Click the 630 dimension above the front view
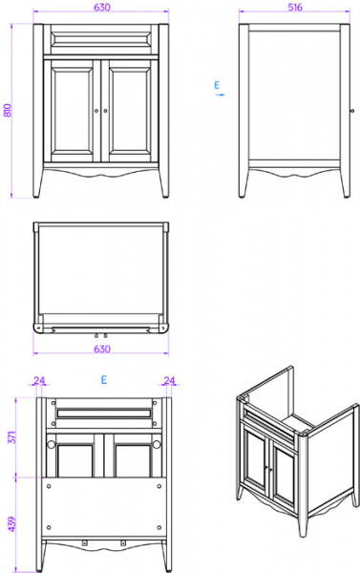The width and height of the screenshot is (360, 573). pos(102,7)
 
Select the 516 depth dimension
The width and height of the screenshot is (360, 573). pos(295,7)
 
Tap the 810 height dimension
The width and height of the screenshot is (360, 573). pos(8,111)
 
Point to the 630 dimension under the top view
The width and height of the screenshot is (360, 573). pos(102,349)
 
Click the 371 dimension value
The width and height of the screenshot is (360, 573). pos(12,437)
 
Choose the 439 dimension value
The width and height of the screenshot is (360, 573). pos(12,524)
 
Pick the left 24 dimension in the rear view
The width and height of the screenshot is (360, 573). pos(39,380)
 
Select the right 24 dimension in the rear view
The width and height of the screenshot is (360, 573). pos(169,380)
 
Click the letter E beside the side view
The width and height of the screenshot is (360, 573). pos(217,85)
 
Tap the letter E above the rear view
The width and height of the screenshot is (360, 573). pos(104,380)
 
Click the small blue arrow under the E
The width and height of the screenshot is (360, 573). pos(220,95)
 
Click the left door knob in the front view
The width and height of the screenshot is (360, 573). pos(96,111)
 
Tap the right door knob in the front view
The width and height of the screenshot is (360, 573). pos(106,111)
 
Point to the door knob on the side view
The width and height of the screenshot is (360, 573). pos(352,111)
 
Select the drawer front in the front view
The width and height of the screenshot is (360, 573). pos(101,38)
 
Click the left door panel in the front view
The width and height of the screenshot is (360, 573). pos(72,111)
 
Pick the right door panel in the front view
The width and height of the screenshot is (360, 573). pos(130,111)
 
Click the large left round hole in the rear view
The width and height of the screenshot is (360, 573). pos(51,444)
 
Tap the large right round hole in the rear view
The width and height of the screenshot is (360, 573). pos(157,444)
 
